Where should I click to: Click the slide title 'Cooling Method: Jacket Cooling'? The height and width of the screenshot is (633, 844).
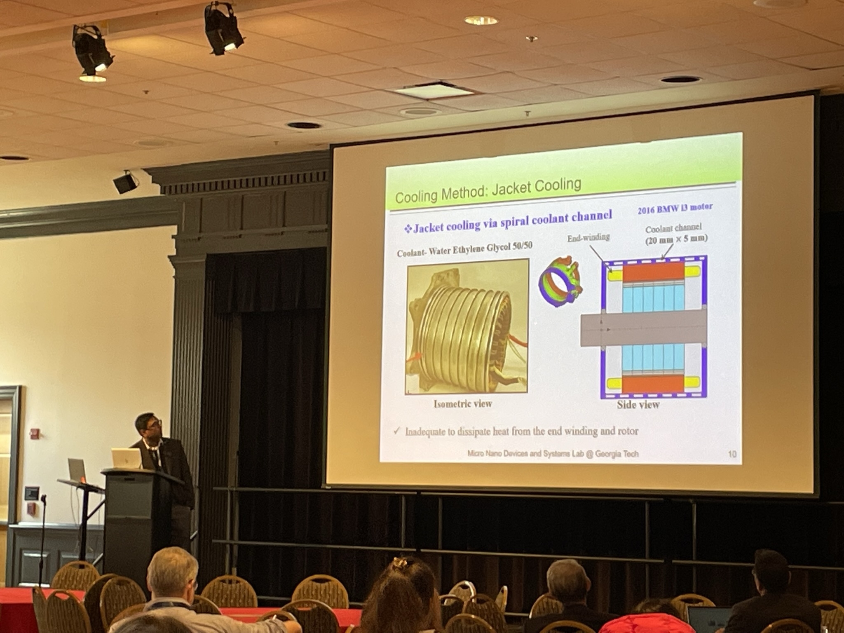tap(488, 190)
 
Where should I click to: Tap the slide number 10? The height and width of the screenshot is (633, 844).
tap(732, 454)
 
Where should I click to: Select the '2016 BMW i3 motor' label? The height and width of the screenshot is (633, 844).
tap(675, 208)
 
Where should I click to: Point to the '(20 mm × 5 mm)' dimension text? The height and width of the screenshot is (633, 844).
tap(676, 239)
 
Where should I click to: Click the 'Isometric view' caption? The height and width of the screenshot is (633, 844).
tap(462, 404)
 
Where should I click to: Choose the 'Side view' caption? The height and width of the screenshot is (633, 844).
tap(638, 405)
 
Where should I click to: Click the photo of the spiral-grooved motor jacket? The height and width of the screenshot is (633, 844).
tap(467, 326)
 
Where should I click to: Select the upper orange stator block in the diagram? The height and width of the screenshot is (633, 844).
tap(653, 272)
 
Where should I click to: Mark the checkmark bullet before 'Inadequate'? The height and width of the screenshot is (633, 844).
tap(397, 431)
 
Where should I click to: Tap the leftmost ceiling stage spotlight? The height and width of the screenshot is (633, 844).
tap(91, 52)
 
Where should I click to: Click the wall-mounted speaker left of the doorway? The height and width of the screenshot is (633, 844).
tap(125, 182)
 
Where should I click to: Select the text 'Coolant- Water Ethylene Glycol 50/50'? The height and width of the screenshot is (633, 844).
tap(464, 249)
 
